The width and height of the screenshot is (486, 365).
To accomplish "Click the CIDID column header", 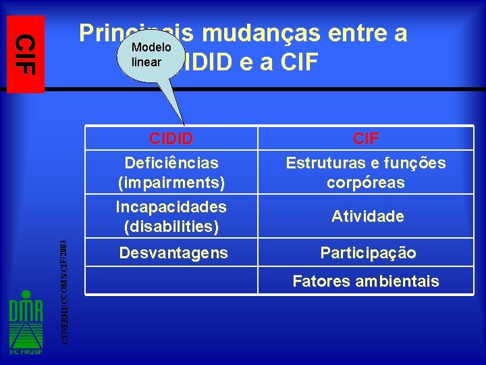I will [171, 139].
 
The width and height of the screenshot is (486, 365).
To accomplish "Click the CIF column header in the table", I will [365, 139].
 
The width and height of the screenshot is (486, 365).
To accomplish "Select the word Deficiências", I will [171, 163].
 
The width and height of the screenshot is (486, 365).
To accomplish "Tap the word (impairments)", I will [171, 182].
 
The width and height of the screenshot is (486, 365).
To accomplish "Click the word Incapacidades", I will [171, 206].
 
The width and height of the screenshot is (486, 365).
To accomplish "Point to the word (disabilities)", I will [171, 226].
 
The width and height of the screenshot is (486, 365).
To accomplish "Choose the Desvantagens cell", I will [173, 253].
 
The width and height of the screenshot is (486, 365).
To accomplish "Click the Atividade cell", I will [367, 217].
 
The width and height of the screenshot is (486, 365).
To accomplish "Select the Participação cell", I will [368, 253].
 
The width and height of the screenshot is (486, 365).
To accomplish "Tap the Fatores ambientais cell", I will [365, 281].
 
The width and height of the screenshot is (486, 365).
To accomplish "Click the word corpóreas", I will [365, 182].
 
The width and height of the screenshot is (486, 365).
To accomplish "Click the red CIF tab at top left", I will [26, 53].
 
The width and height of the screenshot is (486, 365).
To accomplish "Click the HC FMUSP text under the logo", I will [26, 351].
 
